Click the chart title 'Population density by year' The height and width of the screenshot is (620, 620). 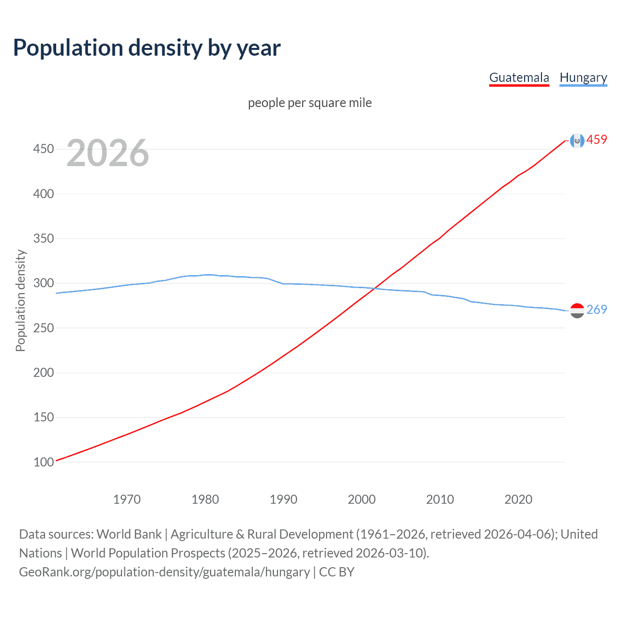(147, 48)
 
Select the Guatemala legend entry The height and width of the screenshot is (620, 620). (519, 77)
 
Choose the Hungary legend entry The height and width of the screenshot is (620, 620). (583, 77)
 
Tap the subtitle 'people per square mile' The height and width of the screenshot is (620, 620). (310, 103)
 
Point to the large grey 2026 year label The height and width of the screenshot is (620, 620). (108, 153)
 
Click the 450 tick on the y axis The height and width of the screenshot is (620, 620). (44, 149)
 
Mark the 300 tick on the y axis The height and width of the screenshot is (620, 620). (44, 283)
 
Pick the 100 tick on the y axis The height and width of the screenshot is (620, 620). (44, 462)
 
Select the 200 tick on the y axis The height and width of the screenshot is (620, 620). (44, 372)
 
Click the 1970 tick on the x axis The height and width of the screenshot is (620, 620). (127, 499)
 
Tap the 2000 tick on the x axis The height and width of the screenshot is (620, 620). (362, 499)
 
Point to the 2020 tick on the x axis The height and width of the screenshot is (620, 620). (518, 499)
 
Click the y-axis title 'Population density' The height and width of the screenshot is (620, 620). (20, 300)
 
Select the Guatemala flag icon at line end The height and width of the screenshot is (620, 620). (577, 140)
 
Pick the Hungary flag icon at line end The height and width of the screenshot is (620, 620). (577, 310)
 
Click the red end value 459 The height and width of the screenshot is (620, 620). (597, 140)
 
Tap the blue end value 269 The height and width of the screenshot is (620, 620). (597, 310)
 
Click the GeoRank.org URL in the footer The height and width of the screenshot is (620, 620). (164, 572)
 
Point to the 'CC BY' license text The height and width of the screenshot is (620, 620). (337, 572)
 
